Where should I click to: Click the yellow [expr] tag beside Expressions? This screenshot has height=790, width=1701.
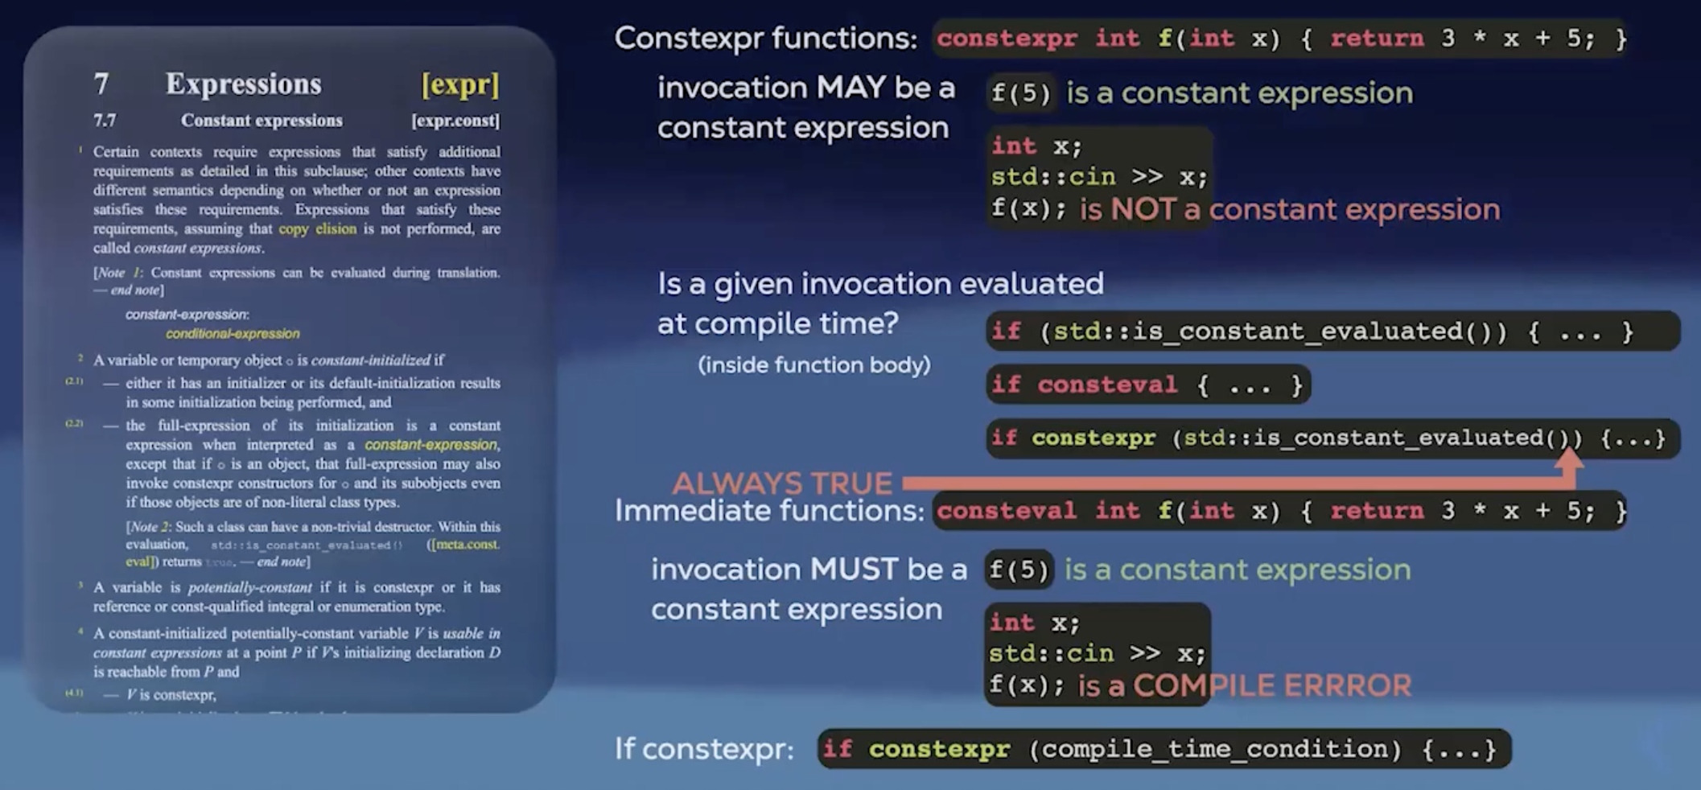pyautogui.click(x=459, y=84)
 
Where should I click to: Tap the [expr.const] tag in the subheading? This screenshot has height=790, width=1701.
pyautogui.click(x=455, y=121)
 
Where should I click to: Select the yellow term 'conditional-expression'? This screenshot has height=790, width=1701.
pyautogui.click(x=233, y=333)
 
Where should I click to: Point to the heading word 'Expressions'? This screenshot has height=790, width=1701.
pyautogui.click(x=243, y=84)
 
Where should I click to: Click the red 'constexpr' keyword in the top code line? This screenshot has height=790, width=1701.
pyautogui.click(x=1006, y=39)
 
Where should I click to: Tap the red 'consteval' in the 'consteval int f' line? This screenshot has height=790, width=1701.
pyautogui.click(x=1006, y=511)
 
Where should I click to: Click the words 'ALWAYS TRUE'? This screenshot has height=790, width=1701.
pyautogui.click(x=782, y=483)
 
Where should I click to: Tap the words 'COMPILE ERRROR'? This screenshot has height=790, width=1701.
pyautogui.click(x=1271, y=685)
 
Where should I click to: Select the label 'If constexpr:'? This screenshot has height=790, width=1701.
pyautogui.click(x=704, y=749)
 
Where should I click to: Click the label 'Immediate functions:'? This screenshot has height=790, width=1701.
pyautogui.click(x=769, y=511)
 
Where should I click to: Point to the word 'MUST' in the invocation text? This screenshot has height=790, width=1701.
pyautogui.click(x=854, y=570)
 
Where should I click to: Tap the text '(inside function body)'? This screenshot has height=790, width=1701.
pyautogui.click(x=813, y=365)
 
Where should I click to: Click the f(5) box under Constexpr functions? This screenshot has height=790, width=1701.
pyautogui.click(x=1020, y=93)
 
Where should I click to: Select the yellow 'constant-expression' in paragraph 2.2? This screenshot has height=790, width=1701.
pyautogui.click(x=431, y=445)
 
